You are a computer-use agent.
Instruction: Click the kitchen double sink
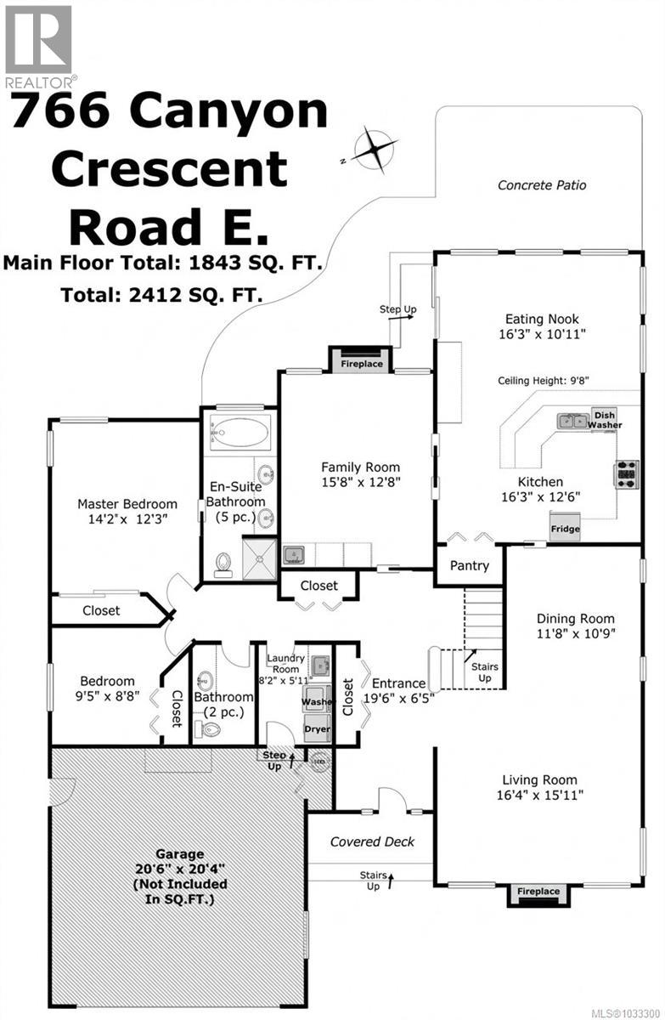[x=570, y=420]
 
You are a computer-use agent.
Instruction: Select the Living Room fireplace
[x=538, y=892]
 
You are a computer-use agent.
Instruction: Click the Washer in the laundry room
[x=317, y=702]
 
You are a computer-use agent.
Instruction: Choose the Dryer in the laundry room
[x=317, y=728]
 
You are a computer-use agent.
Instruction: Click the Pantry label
[x=470, y=565]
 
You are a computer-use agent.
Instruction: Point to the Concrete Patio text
[x=542, y=184]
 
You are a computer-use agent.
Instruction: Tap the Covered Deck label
[x=362, y=841]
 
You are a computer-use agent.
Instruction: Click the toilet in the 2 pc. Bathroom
[x=206, y=729]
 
